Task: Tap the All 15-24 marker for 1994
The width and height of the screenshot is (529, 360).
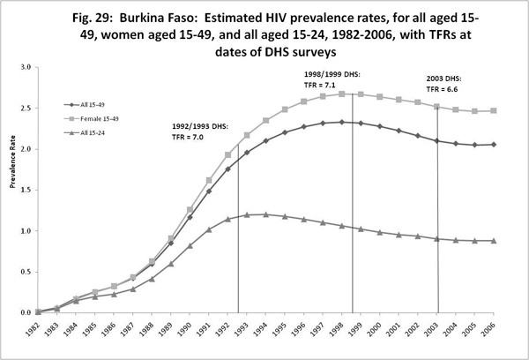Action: click(x=266, y=214)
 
